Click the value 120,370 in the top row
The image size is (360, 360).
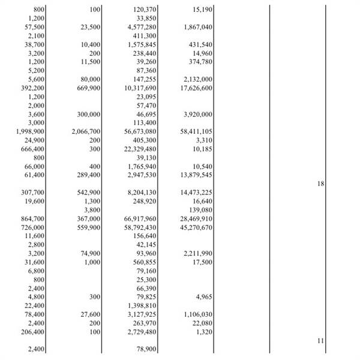[142, 10]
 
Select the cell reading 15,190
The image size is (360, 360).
[197, 10]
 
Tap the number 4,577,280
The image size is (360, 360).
[142, 28]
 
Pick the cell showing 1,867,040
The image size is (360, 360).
[196, 28]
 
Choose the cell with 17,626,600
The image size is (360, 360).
[196, 88]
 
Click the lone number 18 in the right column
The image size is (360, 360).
[320, 184]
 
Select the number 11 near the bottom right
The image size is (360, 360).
[320, 340]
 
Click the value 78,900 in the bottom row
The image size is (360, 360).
[146, 349]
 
